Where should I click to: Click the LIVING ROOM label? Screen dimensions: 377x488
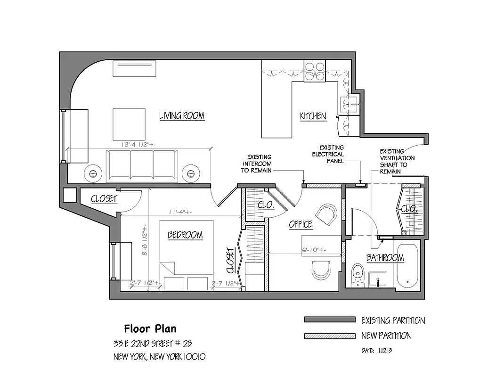pos(181,115)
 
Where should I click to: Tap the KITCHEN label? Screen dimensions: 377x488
pos(313,116)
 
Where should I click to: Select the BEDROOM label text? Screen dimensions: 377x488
pos(185,235)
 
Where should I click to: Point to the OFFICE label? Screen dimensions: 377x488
pos(301,224)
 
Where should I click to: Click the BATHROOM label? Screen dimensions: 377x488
pos(385,258)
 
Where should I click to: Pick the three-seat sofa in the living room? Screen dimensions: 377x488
pos(142,166)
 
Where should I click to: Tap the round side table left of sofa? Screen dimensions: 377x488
pos(93,173)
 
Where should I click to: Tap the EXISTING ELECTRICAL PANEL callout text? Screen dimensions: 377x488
pos(331,154)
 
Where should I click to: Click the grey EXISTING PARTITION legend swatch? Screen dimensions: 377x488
pos(329,320)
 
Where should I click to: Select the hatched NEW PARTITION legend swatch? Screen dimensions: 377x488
pos(329,336)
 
